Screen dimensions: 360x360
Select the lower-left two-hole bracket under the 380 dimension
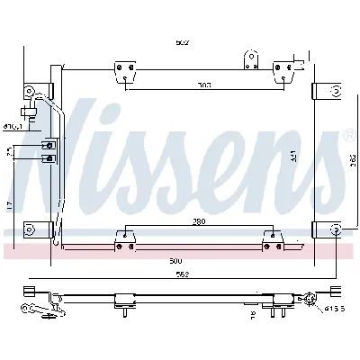(x=125, y=238)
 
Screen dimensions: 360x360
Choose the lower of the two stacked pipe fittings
(x=48, y=158)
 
